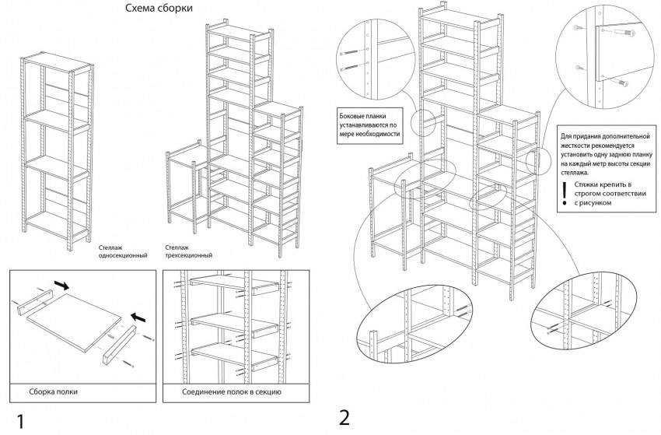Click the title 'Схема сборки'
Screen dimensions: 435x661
(159, 9)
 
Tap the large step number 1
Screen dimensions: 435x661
(21, 421)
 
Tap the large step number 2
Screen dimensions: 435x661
(344, 417)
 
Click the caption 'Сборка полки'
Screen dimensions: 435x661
(54, 391)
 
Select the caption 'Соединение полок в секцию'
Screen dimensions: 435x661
(232, 391)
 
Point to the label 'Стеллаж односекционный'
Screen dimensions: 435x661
(124, 251)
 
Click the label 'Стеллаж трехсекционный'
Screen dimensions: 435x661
(188, 251)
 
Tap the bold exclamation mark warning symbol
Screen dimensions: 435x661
(564, 192)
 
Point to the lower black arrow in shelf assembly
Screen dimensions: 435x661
(137, 317)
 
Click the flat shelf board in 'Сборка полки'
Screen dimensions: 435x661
(74, 318)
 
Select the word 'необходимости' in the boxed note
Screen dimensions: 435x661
(377, 134)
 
